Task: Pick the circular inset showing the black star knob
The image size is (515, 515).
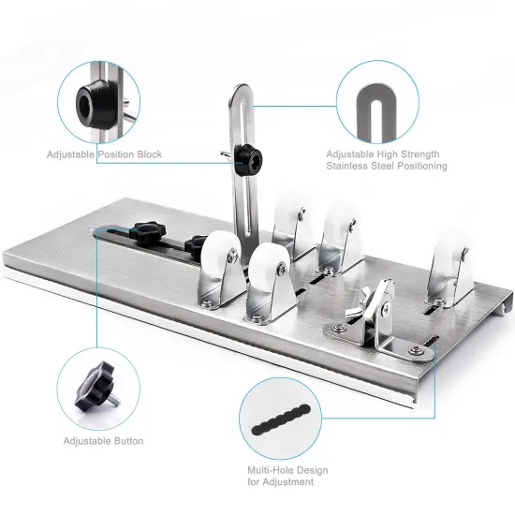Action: [97, 386]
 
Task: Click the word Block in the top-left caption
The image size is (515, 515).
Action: [146, 154]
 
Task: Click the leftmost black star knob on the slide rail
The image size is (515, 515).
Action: [148, 230]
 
